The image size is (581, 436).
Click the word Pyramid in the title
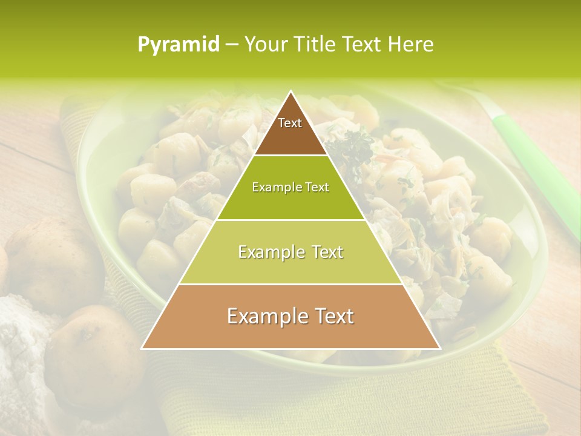(x=178, y=45)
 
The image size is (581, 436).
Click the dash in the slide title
(x=232, y=45)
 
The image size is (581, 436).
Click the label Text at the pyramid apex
(x=290, y=123)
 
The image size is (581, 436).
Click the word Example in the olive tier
(x=274, y=187)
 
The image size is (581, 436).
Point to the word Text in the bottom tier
(x=330, y=316)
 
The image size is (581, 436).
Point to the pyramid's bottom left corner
(x=143, y=348)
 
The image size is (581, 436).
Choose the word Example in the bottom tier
(x=264, y=316)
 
